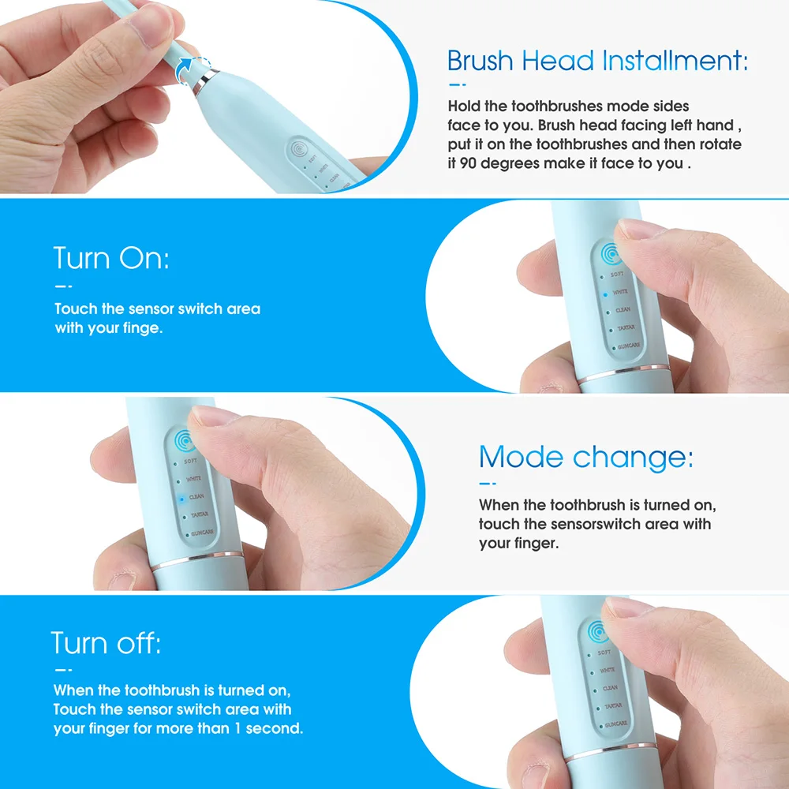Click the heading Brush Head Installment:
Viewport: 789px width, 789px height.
[x=597, y=61]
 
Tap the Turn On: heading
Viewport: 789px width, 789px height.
[x=111, y=258]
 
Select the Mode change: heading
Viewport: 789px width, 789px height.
[x=585, y=457]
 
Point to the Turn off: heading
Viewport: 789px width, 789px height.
[x=106, y=643]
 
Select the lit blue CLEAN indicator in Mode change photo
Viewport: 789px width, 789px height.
[x=180, y=498]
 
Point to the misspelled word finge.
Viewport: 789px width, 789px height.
[x=143, y=327]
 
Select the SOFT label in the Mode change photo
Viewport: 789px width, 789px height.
[x=190, y=462]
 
